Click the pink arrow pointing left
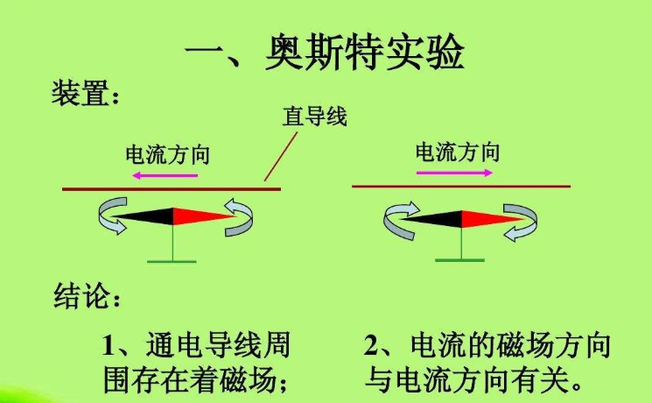165,175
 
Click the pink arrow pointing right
453,173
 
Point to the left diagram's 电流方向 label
168,155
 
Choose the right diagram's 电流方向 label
457,152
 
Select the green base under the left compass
172,259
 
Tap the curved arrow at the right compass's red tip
522,220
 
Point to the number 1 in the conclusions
109,347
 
